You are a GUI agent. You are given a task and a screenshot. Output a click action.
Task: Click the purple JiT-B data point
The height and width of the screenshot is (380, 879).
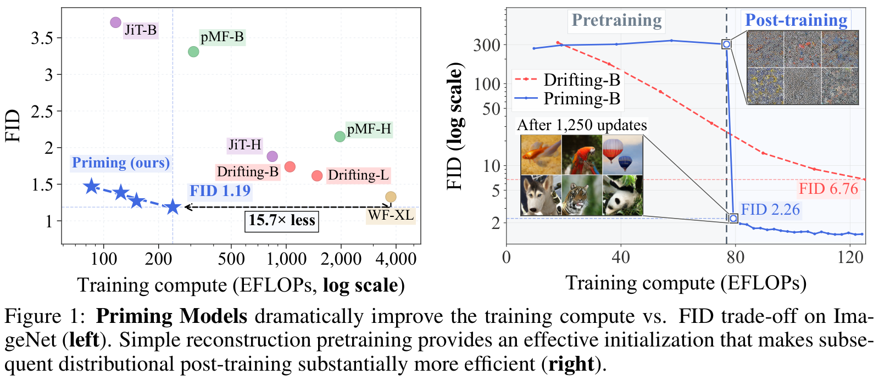tap(115, 23)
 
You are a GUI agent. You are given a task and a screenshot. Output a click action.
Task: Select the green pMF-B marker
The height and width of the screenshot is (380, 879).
tap(193, 52)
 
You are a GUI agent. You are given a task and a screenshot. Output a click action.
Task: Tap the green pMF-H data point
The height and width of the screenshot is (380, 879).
tap(340, 137)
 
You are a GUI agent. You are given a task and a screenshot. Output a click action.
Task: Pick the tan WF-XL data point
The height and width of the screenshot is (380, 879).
tap(391, 197)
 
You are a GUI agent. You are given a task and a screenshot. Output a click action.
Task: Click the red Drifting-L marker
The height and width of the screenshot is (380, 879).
tap(317, 176)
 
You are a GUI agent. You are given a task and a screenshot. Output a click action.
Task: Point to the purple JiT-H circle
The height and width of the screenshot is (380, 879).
tap(272, 156)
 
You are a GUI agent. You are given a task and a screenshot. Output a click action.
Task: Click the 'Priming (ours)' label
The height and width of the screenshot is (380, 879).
tap(121, 163)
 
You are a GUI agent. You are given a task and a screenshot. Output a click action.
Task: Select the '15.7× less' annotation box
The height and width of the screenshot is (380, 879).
tap(282, 220)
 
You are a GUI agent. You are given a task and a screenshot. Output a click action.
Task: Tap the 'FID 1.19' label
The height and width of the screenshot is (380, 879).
tap(220, 191)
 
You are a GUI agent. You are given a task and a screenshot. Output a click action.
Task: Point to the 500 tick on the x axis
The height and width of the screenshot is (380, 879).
tap(231, 259)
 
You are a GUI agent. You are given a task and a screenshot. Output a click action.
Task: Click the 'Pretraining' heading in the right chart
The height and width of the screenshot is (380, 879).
tap(616, 20)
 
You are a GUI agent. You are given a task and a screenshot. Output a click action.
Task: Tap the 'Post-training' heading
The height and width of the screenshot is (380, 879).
tap(796, 20)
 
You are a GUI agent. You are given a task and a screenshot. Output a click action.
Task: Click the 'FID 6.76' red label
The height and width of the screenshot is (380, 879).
tap(829, 189)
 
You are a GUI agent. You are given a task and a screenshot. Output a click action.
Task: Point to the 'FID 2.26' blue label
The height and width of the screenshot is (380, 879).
tap(770, 210)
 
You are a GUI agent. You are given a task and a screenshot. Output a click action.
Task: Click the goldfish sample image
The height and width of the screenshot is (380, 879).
tap(541, 155)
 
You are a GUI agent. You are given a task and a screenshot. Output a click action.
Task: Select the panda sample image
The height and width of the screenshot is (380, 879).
tap(623, 195)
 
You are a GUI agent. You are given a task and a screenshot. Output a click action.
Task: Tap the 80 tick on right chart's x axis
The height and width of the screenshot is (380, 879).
tap(735, 258)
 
